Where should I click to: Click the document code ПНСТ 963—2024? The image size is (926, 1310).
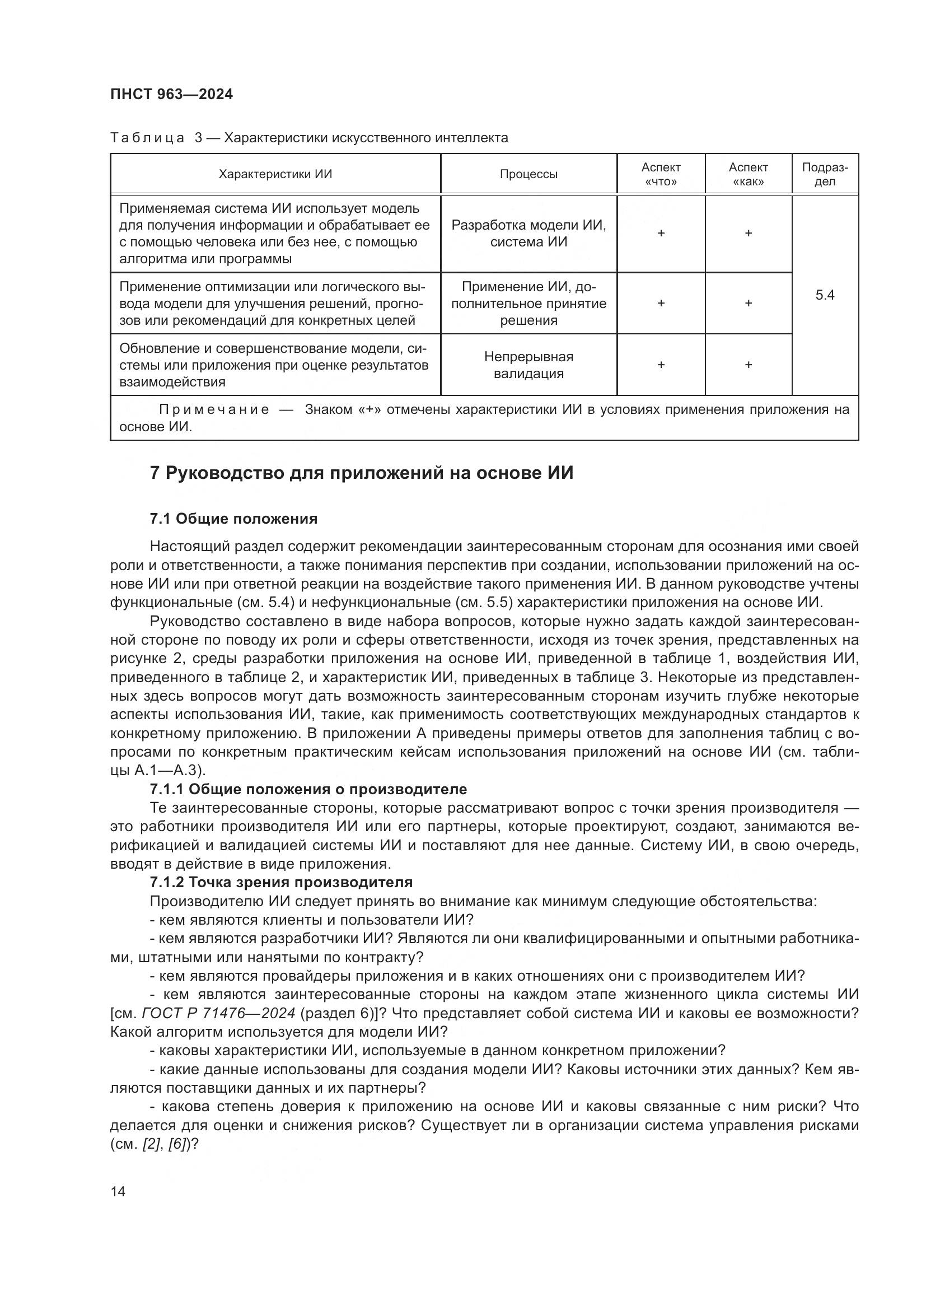[x=172, y=95]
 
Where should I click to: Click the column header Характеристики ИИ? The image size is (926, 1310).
[x=275, y=174]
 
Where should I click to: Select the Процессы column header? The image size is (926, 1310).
[x=529, y=174]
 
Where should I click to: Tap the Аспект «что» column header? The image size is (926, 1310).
[x=661, y=174]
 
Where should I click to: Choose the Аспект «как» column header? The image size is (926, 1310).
[x=748, y=174]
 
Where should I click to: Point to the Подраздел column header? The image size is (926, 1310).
[x=825, y=174]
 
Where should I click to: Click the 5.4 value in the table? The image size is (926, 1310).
[x=825, y=295]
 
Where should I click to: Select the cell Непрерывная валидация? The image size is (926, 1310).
[x=529, y=365]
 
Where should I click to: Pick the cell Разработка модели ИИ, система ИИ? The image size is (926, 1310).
[x=529, y=234]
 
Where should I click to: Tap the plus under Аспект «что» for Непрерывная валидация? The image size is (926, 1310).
[x=661, y=365]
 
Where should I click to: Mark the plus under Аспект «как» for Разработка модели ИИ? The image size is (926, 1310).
[x=748, y=233]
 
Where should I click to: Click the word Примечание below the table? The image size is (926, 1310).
[x=214, y=409]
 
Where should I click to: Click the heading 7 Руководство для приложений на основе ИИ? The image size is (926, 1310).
[x=362, y=473]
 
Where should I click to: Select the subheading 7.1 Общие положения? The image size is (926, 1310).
[x=234, y=519]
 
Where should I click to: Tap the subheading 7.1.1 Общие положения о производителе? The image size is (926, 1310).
[x=308, y=789]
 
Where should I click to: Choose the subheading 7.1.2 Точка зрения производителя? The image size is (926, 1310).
[x=281, y=882]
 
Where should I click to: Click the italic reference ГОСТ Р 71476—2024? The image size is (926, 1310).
[x=218, y=1013]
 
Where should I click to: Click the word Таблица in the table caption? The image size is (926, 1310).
[x=147, y=138]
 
